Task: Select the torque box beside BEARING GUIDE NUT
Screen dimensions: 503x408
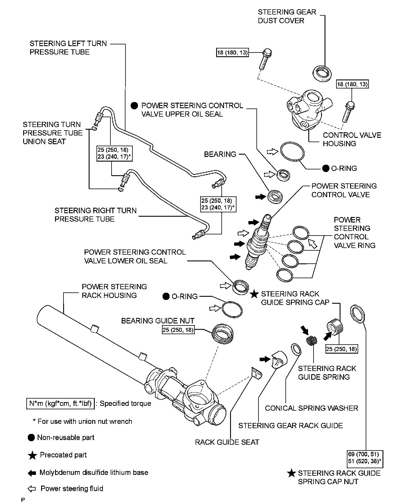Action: [x=178, y=330]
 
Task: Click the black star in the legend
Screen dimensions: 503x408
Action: [x=32, y=455]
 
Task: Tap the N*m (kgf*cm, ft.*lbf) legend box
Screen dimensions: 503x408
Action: [x=61, y=404]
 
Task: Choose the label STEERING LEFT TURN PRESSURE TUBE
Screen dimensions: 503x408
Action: [x=68, y=48]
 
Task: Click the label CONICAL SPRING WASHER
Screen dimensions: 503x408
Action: [x=312, y=408]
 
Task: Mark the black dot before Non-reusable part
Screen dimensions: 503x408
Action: [x=31, y=438]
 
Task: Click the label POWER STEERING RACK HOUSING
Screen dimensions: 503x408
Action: [x=114, y=291]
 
